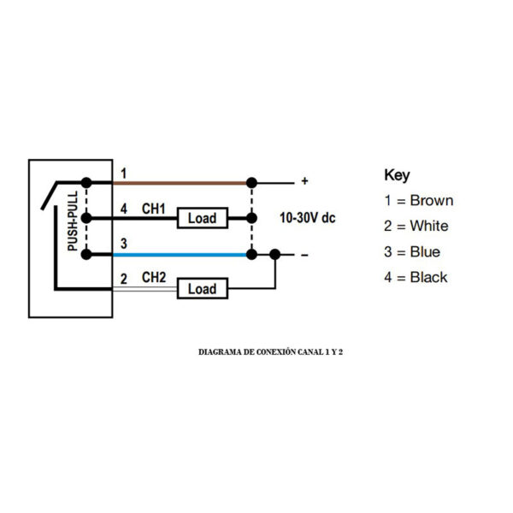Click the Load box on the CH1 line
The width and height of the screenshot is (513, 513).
pos(203,218)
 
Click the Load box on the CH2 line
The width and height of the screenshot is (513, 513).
pos(203,289)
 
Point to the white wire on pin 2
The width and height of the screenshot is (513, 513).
pos(145,289)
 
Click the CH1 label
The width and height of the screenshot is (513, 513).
pos(153,209)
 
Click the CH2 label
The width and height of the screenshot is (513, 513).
pos(153,277)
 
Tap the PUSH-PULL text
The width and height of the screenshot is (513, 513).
pos(73,221)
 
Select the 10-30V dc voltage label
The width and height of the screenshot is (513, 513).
pos(308,218)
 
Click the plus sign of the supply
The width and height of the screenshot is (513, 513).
pos(304,181)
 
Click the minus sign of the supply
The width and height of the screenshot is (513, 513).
pos(304,255)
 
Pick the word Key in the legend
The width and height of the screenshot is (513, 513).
pos(397,175)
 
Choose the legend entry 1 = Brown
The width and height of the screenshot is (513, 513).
pos(419,201)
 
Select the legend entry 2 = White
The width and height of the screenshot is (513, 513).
pos(416,226)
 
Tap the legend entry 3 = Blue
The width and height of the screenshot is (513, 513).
pos(412,252)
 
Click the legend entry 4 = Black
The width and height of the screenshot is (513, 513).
pos(416,277)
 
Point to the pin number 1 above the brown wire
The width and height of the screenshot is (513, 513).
pos(123,174)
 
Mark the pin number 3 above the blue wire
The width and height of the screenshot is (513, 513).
pos(124,244)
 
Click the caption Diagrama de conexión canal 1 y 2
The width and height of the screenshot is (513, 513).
pos(270,352)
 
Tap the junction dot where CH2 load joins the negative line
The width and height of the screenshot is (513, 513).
pos(275,254)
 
